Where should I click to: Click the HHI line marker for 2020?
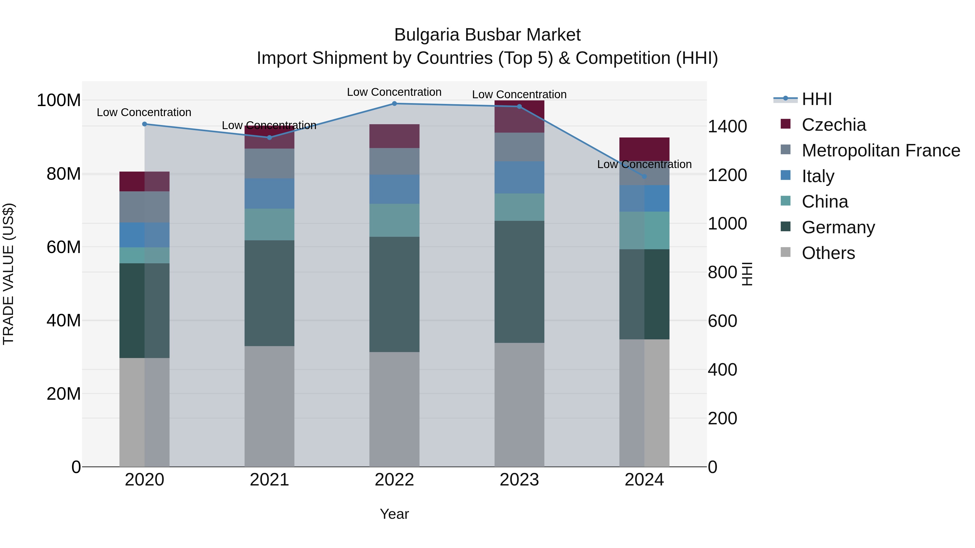point(144,124)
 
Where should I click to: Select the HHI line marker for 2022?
point(394,104)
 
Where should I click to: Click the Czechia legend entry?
point(833,125)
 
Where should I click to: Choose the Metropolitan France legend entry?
point(880,150)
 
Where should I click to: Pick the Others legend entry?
point(828,253)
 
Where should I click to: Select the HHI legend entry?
point(816,99)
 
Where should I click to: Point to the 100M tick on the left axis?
point(59,101)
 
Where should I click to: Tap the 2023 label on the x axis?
point(519,480)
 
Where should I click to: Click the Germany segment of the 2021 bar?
point(269,293)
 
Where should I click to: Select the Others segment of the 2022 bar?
point(394,409)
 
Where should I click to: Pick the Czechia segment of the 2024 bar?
point(644,149)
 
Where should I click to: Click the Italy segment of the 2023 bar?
point(519,177)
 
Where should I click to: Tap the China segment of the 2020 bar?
point(144,255)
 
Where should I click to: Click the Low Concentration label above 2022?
point(394,92)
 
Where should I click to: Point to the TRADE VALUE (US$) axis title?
point(8,274)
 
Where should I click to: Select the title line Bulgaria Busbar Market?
point(487,35)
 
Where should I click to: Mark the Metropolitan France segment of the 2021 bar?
point(269,163)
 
